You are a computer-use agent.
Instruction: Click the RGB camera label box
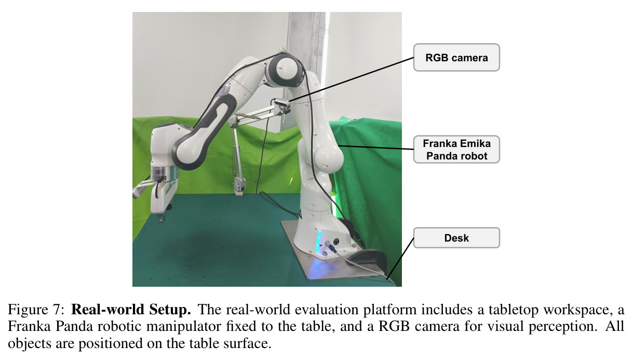pyautogui.click(x=456, y=58)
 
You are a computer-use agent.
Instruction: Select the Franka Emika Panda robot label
pyautogui.click(x=456, y=149)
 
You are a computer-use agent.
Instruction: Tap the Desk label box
pyautogui.click(x=456, y=238)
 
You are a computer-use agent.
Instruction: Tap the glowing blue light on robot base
pyautogui.click(x=319, y=241)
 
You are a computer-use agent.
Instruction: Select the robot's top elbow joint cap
pyautogui.click(x=286, y=69)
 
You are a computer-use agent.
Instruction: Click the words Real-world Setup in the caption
pyautogui.click(x=131, y=309)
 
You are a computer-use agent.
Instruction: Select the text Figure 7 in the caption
pyautogui.click(x=36, y=309)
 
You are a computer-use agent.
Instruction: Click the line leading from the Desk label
pyautogui.click(x=400, y=259)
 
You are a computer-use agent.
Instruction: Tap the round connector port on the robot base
pyautogui.click(x=336, y=242)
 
